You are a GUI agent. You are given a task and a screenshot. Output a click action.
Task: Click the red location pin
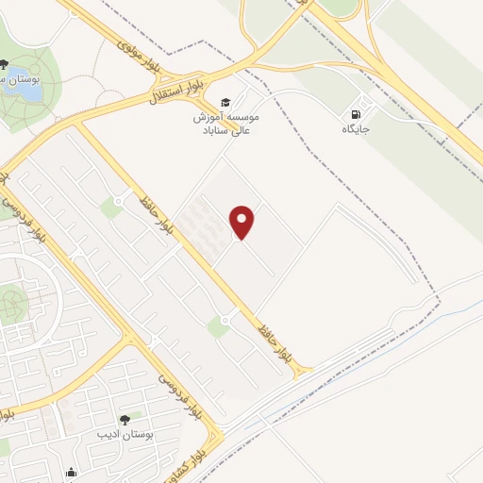[x=243, y=222]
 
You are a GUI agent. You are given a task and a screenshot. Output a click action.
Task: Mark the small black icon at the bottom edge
[x=71, y=474]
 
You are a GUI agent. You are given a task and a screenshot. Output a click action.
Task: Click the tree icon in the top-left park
[x=6, y=65]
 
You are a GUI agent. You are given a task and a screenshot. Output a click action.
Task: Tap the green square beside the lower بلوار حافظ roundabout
[x=218, y=327]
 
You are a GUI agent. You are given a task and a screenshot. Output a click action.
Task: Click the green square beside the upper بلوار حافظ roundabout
[x=111, y=208]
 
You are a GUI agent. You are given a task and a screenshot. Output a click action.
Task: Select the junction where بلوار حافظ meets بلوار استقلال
[x=75, y=124]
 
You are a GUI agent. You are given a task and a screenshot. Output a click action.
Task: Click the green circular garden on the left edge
[x=11, y=305]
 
